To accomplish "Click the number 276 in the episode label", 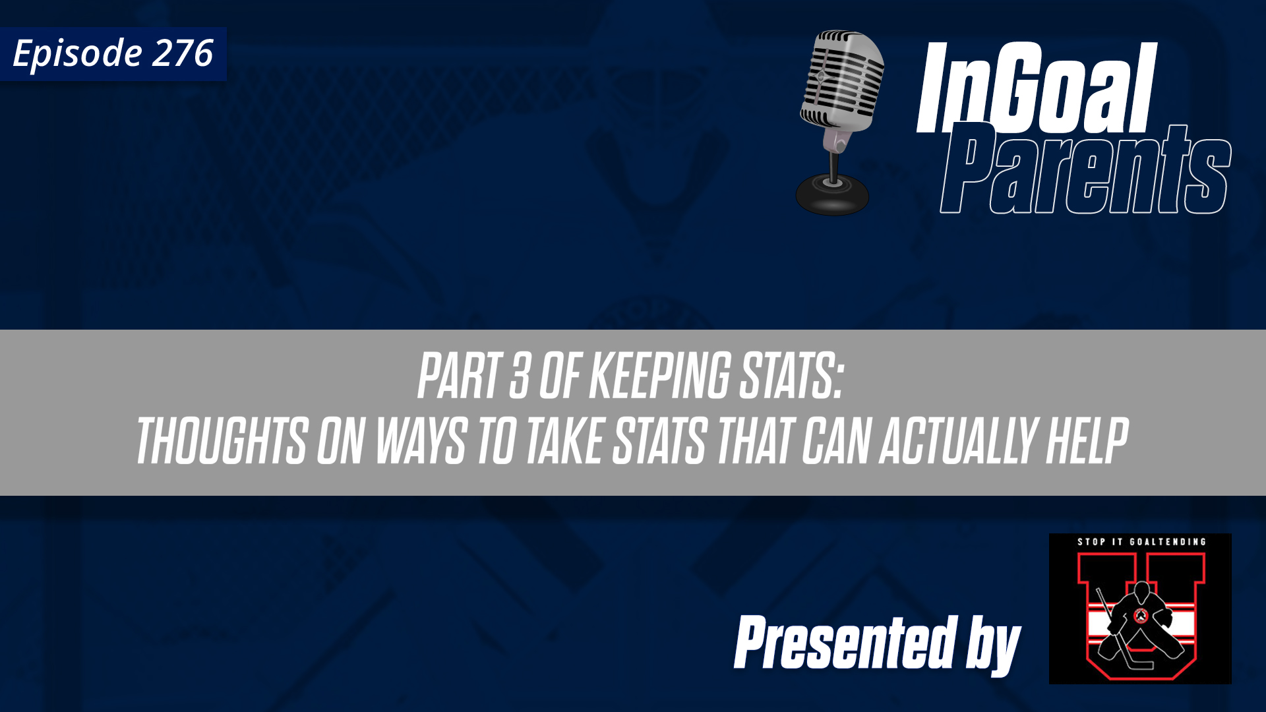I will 183,53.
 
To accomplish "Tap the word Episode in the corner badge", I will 77,54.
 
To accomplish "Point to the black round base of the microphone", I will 832,194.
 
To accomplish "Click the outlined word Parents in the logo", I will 1085,171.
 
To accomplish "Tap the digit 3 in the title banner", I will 520,376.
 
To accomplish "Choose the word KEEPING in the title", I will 659,376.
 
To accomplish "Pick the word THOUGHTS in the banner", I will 222,440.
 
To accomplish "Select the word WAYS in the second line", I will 421,440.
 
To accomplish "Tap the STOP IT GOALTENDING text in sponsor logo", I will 1141,542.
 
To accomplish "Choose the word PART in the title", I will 458,376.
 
